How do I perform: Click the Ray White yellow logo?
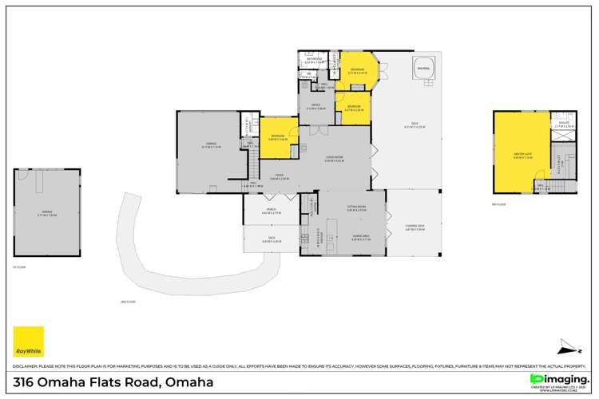point(29,342)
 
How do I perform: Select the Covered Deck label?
point(414,227)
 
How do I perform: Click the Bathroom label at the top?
point(314,59)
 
